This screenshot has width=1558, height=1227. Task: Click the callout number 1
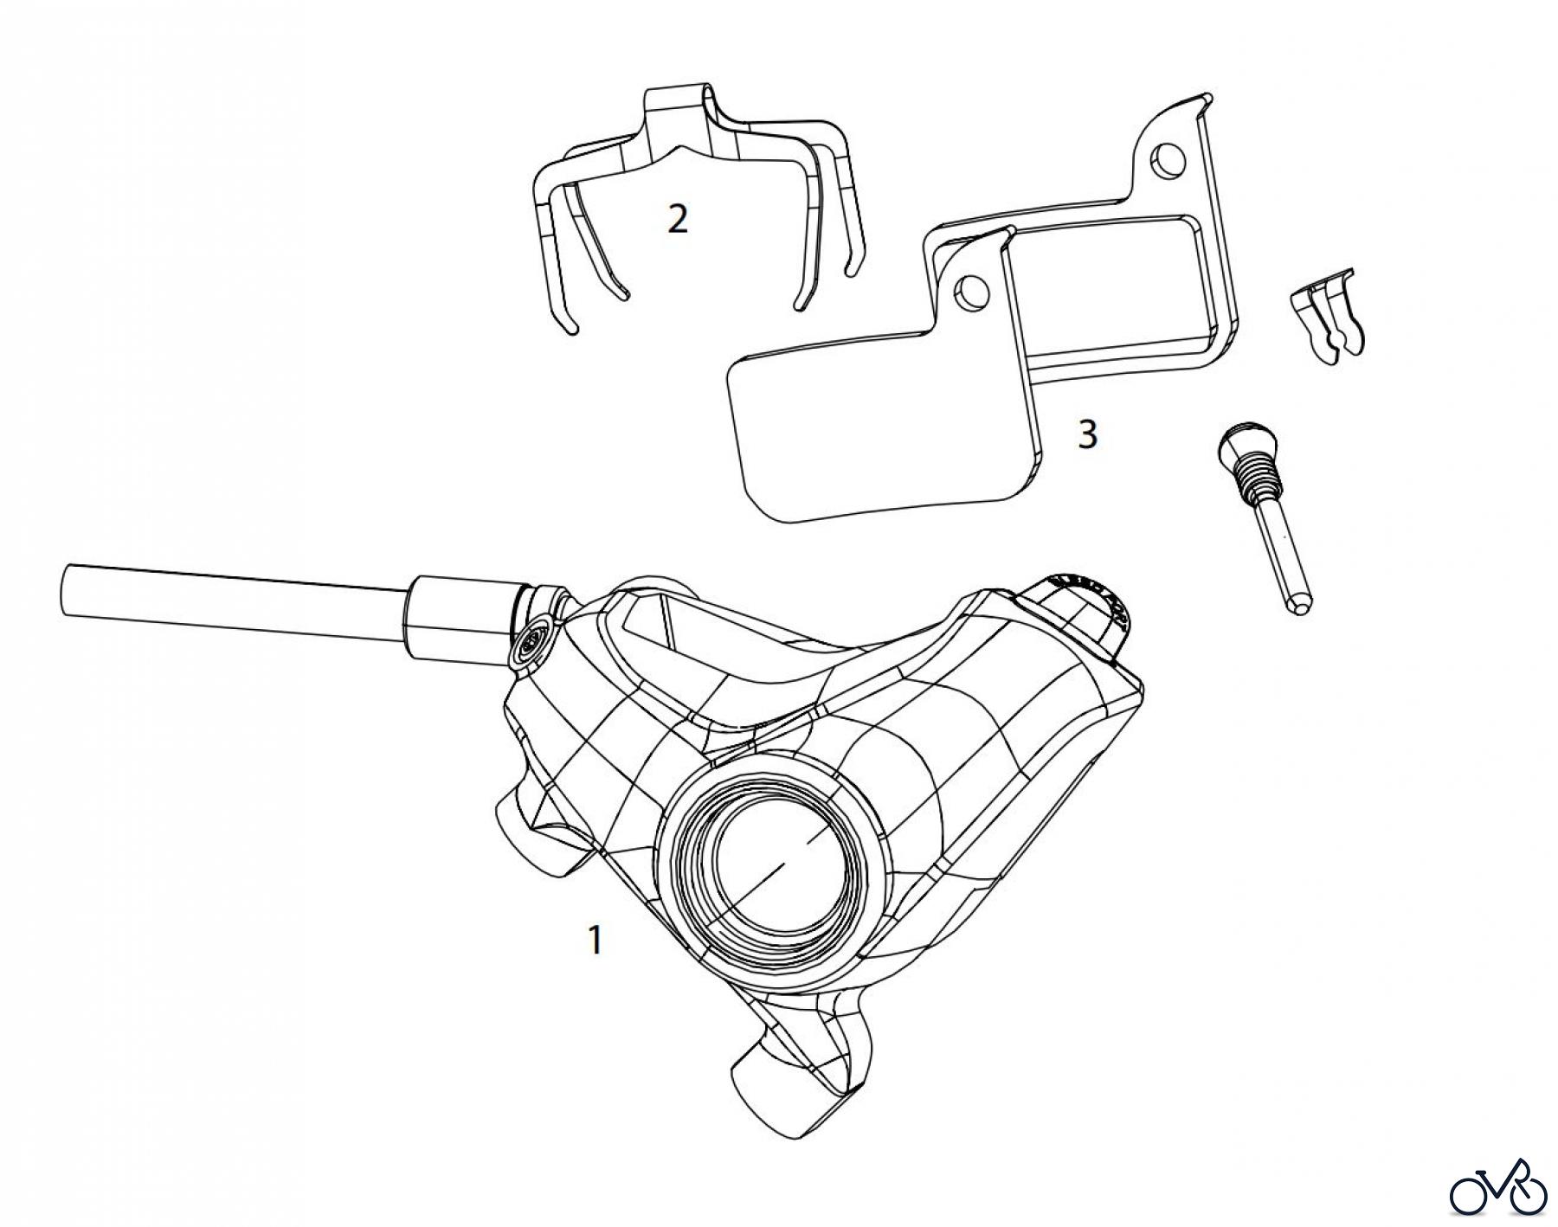(x=595, y=940)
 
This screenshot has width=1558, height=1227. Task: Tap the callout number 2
(x=678, y=219)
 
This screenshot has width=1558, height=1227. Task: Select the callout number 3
(x=1087, y=434)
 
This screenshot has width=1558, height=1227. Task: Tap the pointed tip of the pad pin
(x=1298, y=607)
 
